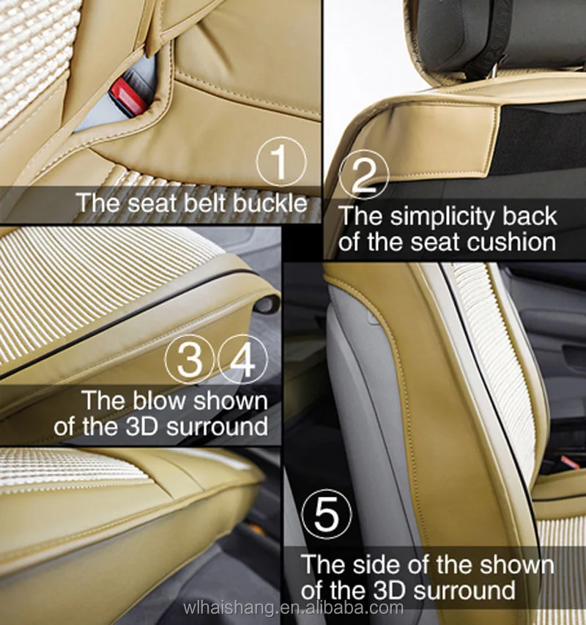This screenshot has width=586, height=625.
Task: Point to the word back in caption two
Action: (x=528, y=217)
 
